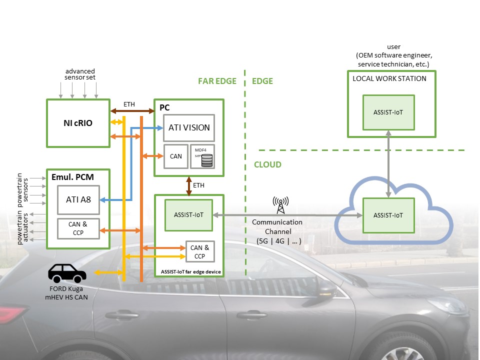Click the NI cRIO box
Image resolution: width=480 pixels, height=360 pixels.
pyautogui.click(x=78, y=123)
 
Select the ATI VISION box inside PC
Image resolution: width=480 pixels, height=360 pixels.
pyautogui.click(x=189, y=127)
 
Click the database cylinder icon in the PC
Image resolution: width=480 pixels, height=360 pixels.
pyautogui.click(x=206, y=160)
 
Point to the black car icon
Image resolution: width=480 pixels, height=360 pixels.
pyautogui.click(x=67, y=273)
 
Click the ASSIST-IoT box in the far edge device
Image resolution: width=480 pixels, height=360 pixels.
pyautogui.click(x=189, y=215)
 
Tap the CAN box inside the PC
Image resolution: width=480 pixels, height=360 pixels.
pyautogui.click(x=175, y=156)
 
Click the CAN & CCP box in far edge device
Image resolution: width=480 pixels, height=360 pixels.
pyautogui.click(x=200, y=251)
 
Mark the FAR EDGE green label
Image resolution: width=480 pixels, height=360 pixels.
pyautogui.click(x=217, y=81)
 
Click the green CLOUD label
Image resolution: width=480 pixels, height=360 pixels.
pyautogui.click(x=267, y=164)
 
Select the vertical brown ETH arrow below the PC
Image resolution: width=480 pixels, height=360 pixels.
pyautogui.click(x=189, y=185)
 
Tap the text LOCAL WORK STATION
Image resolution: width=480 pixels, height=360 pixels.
pyautogui.click(x=389, y=78)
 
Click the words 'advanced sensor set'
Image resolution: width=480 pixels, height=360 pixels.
pyautogui.click(x=79, y=74)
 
